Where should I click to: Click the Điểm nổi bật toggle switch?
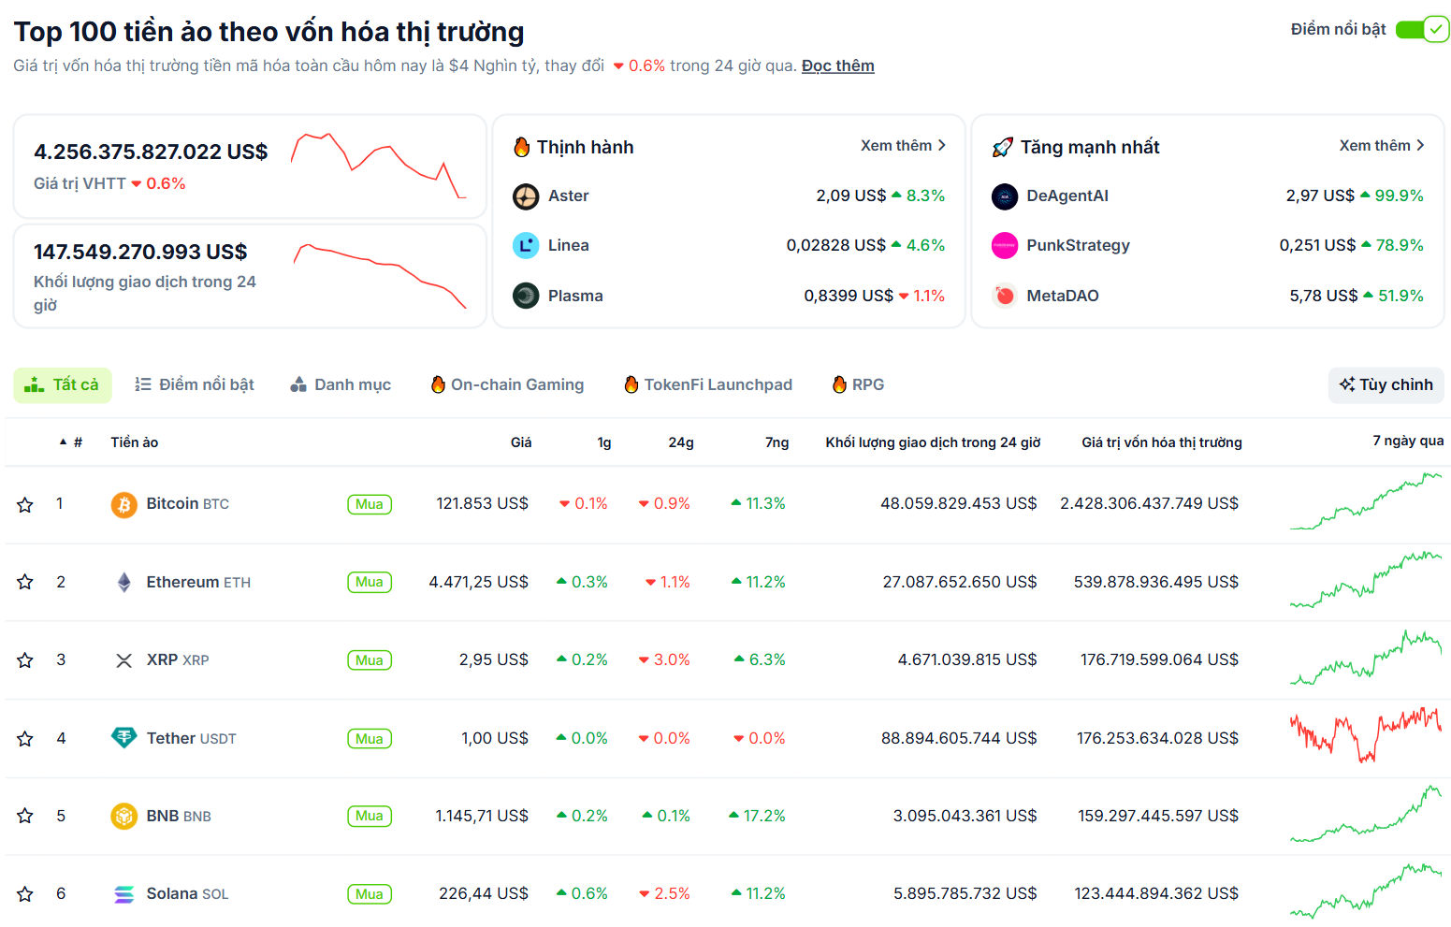pos(1421,30)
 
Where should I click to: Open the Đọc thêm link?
pos(837,65)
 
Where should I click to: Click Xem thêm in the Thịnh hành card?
pos(903,146)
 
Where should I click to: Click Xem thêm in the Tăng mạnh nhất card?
pos(1381,146)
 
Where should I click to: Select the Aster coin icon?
pos(526,196)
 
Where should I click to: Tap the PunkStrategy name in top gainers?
pos(1078,245)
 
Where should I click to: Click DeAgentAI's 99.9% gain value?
pos(1398,196)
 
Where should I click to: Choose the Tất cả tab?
pos(63,384)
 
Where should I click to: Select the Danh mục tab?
pos(341,384)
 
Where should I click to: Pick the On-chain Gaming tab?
pos(507,384)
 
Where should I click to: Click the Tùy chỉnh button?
pos(1386,384)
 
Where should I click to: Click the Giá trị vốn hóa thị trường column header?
pos(1161,442)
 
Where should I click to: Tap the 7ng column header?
pos(776,442)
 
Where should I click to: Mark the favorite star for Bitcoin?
pos(25,505)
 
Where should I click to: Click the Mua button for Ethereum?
pos(370,582)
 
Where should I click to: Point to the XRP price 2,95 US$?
pos(493,659)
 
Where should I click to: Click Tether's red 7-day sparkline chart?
pos(1365,734)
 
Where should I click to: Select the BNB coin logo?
pos(123,816)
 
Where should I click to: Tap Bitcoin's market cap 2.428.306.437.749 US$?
pos(1149,503)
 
